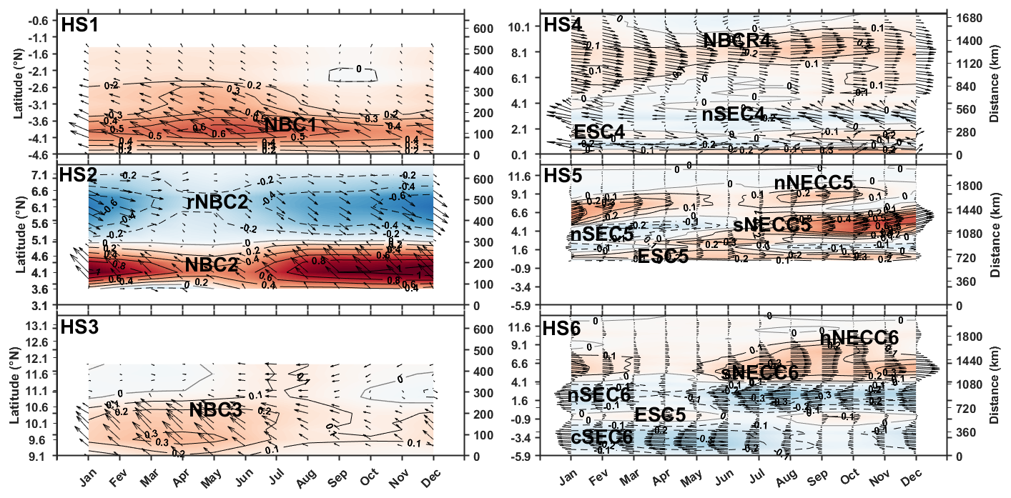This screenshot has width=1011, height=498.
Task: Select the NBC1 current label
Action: coord(290,126)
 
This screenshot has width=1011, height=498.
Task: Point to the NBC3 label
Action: coord(217,410)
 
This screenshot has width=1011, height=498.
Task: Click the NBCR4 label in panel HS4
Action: coord(736,40)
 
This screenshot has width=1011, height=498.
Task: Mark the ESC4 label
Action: coord(599,133)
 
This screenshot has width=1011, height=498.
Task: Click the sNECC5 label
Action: coord(772,224)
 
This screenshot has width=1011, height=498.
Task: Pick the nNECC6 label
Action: coord(859,337)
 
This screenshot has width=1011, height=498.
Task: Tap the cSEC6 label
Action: coord(602,437)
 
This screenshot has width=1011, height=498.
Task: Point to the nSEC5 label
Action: coord(601,234)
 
